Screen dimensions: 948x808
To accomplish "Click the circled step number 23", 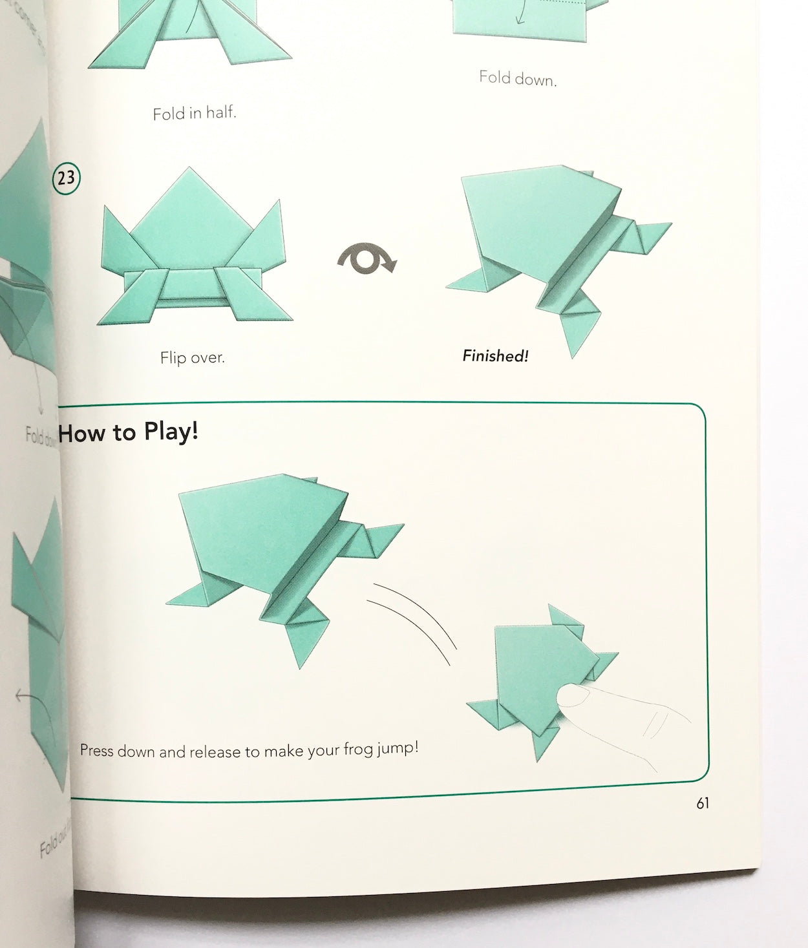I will [66, 178].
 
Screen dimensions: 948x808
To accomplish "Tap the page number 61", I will [703, 803].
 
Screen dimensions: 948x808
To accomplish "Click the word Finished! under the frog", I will [495, 356].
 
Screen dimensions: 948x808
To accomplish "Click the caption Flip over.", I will [192, 357].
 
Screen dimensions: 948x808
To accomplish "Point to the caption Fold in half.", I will [195, 114].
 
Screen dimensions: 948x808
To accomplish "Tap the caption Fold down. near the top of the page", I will [517, 78].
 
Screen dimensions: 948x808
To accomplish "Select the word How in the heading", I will [81, 433].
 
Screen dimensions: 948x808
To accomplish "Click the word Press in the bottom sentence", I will [96, 751].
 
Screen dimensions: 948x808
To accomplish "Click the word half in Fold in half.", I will [220, 112].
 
